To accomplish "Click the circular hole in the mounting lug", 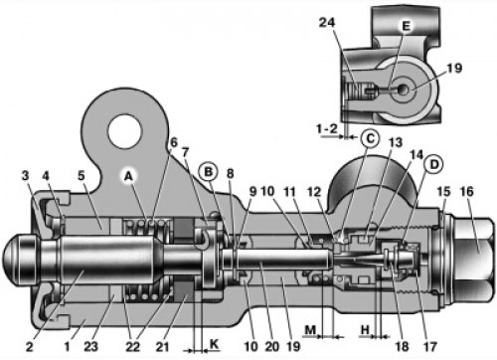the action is pyautogui.click(x=125, y=131).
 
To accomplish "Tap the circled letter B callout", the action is pyautogui.click(x=209, y=172).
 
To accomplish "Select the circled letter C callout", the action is pyautogui.click(x=370, y=138).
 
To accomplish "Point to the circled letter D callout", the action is pyautogui.click(x=433, y=164).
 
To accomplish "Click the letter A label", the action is pyautogui.click(x=128, y=177).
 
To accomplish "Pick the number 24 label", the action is pyautogui.click(x=327, y=23).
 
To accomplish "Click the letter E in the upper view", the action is pyautogui.click(x=407, y=26).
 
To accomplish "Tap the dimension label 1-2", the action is pyautogui.click(x=327, y=128).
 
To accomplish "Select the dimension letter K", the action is pyautogui.click(x=215, y=344).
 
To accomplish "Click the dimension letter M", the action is pyautogui.click(x=310, y=330).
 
